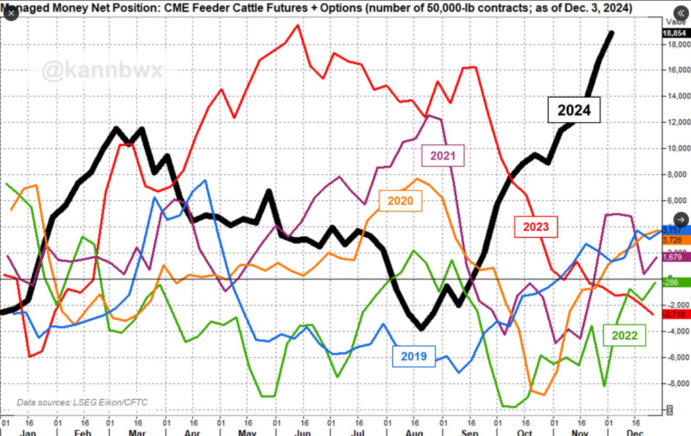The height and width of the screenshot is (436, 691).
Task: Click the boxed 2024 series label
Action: point(574,111)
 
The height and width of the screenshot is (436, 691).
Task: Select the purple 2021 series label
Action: point(444,157)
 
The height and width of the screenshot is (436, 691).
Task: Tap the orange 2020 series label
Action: point(400,200)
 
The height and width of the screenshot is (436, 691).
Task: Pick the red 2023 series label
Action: point(536,226)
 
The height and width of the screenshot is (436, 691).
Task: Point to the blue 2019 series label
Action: point(414,356)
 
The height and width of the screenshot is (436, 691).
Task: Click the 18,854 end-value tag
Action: point(675,32)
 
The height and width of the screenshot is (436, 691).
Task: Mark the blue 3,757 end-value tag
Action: point(675,231)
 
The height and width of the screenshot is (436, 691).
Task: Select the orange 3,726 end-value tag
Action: point(675,240)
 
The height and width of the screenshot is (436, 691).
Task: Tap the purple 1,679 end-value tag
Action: point(675,256)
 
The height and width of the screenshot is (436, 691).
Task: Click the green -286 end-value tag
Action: point(675,282)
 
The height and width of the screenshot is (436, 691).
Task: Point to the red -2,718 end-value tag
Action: point(675,315)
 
